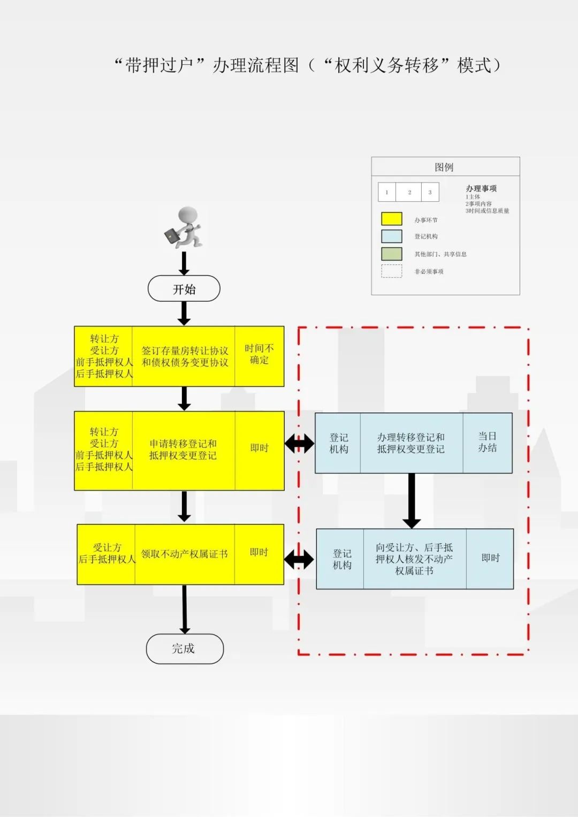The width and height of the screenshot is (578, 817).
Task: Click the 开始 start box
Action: [184, 288]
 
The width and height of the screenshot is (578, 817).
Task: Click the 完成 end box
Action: [185, 648]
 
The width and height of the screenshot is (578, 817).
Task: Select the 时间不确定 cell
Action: [259, 356]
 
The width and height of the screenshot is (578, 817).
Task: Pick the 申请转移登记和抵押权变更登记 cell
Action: [184, 451]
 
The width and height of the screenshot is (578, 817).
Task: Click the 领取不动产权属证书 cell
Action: [185, 554]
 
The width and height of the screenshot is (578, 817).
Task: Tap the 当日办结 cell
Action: [488, 443]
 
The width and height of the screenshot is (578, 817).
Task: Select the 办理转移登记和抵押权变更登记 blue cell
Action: [412, 443]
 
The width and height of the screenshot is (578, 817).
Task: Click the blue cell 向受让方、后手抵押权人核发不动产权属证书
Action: [415, 559]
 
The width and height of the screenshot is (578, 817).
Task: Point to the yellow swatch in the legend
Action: [392, 219]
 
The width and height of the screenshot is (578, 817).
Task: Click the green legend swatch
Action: [392, 254]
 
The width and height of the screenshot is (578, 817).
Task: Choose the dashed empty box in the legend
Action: [392, 271]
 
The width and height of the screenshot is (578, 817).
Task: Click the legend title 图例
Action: [444, 167]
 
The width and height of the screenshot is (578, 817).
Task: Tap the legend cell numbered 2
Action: [409, 192]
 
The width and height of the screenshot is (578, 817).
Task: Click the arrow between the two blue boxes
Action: [412, 501]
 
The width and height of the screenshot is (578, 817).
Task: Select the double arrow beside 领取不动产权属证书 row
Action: [299, 560]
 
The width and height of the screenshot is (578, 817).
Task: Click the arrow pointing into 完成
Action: [185, 609]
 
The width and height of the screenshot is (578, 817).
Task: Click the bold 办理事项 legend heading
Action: [481, 188]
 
